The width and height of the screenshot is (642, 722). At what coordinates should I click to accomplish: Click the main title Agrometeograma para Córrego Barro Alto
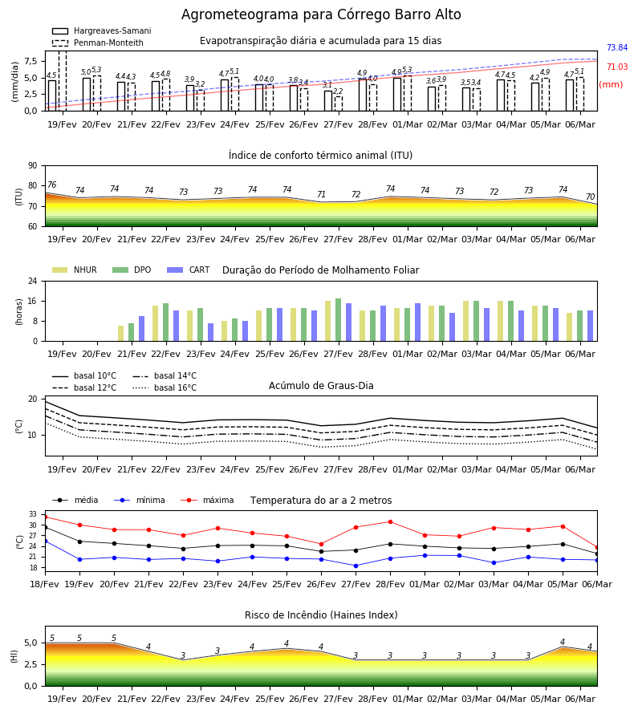click(321, 14)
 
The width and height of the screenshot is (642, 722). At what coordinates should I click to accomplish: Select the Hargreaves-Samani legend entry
click(101, 30)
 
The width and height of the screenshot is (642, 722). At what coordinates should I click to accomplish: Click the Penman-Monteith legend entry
click(98, 43)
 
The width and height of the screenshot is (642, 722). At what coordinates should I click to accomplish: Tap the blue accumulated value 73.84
click(617, 47)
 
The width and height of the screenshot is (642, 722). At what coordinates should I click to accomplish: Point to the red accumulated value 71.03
click(617, 67)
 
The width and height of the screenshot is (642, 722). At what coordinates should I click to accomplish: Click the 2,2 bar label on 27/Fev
click(338, 91)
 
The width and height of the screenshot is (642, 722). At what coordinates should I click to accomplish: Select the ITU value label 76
click(51, 185)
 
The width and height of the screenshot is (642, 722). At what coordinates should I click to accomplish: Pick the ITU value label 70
click(590, 197)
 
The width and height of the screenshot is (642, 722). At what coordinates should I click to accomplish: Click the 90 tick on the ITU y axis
click(33, 166)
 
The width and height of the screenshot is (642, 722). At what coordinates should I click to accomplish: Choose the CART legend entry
click(188, 270)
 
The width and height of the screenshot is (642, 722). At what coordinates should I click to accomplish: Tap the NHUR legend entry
click(74, 270)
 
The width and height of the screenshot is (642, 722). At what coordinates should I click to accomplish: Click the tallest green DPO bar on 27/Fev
click(339, 320)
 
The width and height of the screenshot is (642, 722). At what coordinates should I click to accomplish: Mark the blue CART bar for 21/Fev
click(141, 329)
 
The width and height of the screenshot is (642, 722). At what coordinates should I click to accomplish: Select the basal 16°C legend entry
click(165, 388)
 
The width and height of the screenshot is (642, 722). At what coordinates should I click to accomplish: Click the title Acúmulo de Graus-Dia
click(321, 386)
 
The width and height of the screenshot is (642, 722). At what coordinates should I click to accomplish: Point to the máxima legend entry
click(207, 500)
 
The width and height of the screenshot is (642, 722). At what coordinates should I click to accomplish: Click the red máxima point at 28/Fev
click(391, 521)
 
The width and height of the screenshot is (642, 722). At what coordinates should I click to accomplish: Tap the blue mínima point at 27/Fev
click(356, 566)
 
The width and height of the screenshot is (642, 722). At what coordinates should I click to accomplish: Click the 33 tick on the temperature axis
click(33, 514)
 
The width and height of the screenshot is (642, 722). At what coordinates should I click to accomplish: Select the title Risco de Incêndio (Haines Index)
click(321, 615)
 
